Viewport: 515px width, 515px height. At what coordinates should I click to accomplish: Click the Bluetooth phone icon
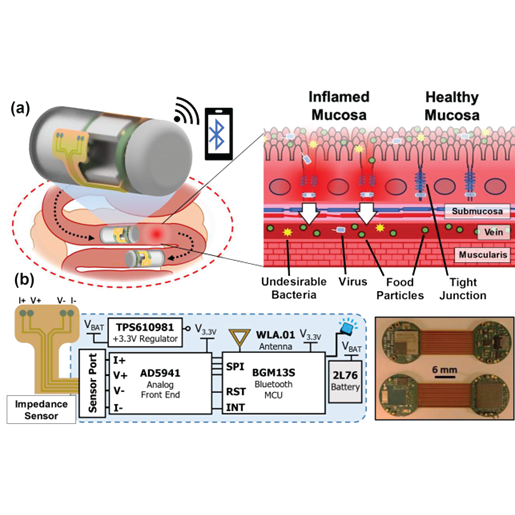(218, 134)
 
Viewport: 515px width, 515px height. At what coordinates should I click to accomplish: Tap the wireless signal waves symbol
(186, 111)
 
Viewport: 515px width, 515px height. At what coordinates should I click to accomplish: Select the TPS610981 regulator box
(145, 332)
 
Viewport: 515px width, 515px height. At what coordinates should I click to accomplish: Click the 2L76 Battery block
(345, 381)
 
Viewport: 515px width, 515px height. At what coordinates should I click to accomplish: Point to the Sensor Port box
(92, 383)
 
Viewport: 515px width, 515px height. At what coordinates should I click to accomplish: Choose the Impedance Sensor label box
(41, 409)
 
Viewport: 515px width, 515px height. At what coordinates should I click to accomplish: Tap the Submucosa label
(477, 211)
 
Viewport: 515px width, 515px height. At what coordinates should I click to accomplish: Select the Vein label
(493, 232)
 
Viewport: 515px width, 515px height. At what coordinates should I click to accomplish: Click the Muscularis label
(482, 254)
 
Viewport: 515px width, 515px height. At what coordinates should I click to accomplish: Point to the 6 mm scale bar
(445, 377)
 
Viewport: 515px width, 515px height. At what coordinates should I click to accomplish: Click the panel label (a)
(21, 108)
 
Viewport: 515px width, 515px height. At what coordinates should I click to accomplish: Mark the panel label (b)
(24, 280)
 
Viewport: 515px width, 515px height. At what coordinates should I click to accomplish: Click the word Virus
(353, 281)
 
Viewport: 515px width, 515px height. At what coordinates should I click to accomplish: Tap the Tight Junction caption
(463, 288)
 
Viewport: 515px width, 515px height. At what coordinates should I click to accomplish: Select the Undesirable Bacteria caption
(294, 288)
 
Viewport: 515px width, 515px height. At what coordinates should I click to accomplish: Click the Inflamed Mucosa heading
(339, 106)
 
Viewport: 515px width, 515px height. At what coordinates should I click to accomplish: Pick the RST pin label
(236, 391)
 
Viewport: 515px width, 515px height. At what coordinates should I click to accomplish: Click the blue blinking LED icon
(348, 327)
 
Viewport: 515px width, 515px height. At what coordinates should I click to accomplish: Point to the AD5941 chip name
(160, 373)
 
